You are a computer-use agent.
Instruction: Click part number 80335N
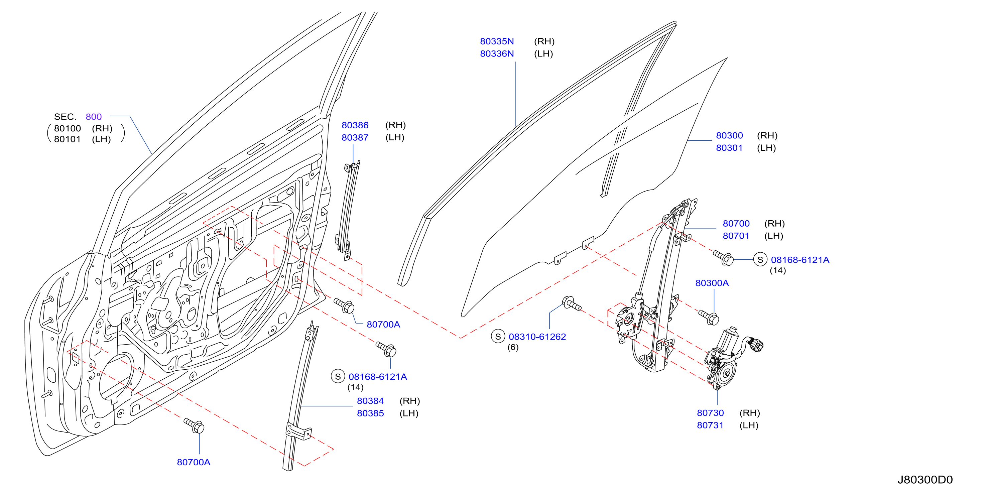(497, 41)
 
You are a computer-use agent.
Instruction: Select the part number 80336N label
(497, 53)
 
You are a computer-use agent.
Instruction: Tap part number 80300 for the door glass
(729, 135)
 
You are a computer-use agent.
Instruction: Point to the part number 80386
(355, 125)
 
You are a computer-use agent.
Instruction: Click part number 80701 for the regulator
(736, 236)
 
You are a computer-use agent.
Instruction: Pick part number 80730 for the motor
(710, 413)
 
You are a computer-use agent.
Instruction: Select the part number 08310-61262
(537, 337)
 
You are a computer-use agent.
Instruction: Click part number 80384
(370, 401)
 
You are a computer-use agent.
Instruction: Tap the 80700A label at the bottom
(194, 462)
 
